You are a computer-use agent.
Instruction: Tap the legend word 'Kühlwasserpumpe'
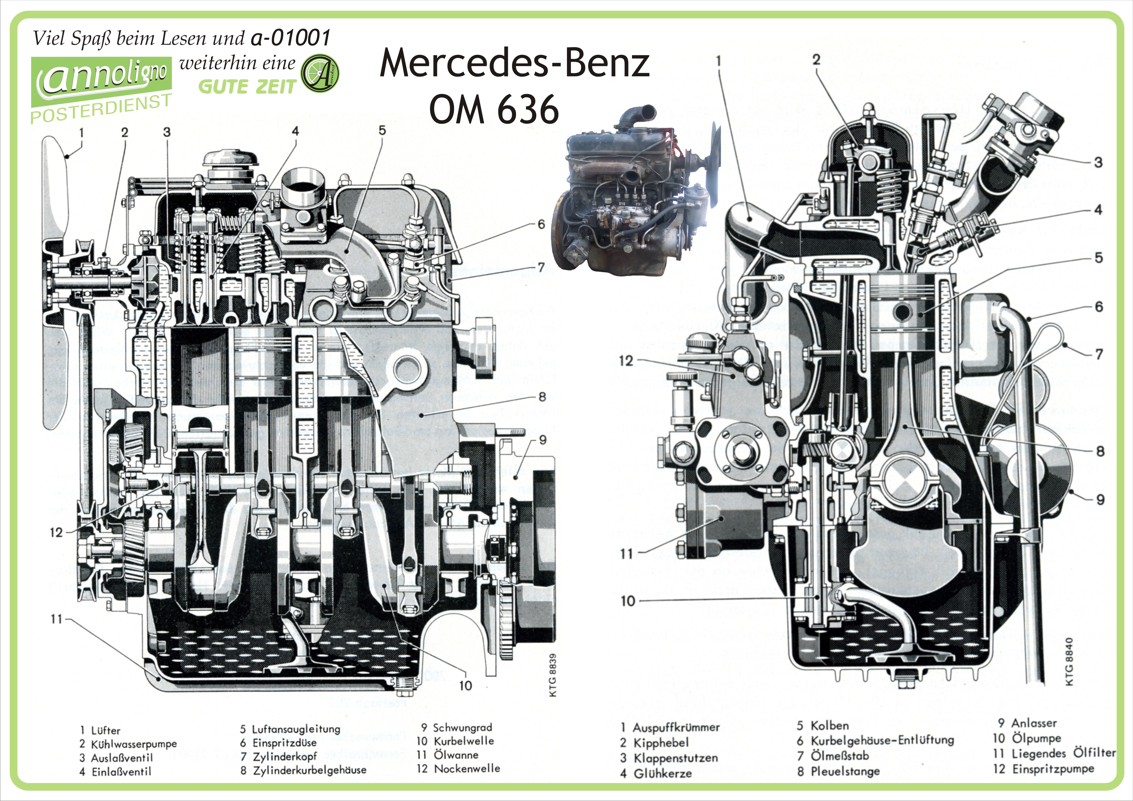(134, 744)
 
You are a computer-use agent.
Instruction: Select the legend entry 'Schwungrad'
(462, 727)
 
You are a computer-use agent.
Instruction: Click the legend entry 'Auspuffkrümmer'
(676, 727)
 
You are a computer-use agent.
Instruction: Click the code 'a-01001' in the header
(290, 38)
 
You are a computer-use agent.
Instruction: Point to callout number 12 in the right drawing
(626, 361)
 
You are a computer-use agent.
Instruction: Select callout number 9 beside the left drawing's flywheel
(543, 440)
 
